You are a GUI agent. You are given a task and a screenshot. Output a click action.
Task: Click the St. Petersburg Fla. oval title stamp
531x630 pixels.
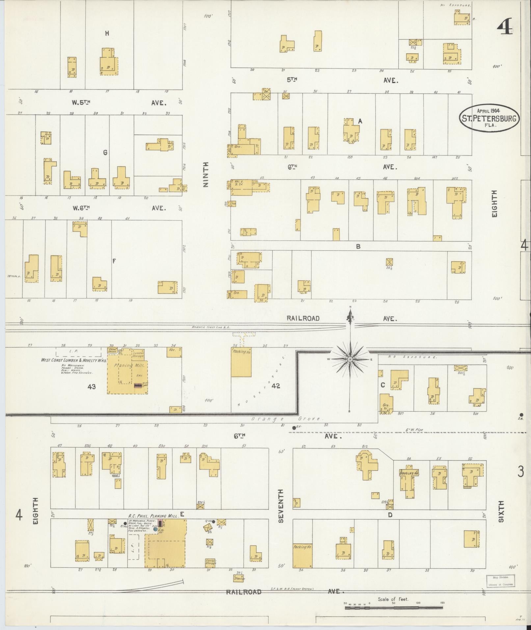[490, 118]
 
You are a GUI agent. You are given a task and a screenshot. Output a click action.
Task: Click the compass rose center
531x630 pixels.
[350, 359]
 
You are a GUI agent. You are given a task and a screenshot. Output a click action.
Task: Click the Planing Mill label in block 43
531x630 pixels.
[127, 365]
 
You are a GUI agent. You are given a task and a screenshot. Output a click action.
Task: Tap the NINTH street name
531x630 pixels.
[206, 175]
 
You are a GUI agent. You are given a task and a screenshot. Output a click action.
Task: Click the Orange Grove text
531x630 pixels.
[286, 419]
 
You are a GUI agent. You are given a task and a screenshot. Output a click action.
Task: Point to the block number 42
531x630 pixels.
[276, 386]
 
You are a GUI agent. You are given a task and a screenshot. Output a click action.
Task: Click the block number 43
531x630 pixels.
[92, 387]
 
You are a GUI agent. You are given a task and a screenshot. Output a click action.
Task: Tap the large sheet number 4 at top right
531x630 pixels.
[504, 27]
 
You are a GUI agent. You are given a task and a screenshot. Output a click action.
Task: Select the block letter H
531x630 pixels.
[107, 33]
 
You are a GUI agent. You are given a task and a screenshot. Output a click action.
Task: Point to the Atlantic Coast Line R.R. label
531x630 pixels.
[212, 327]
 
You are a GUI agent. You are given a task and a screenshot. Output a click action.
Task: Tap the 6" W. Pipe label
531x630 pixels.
[414, 430]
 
